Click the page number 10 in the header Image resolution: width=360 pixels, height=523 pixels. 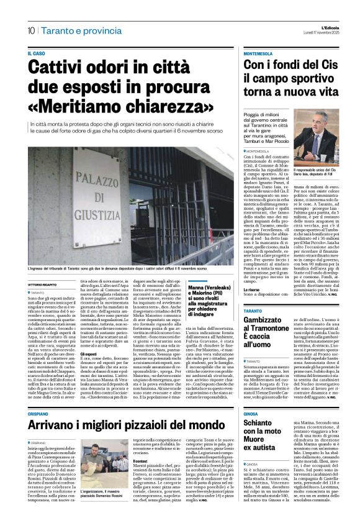tap(30, 30)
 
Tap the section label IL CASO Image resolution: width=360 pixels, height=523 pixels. tap(37, 53)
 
